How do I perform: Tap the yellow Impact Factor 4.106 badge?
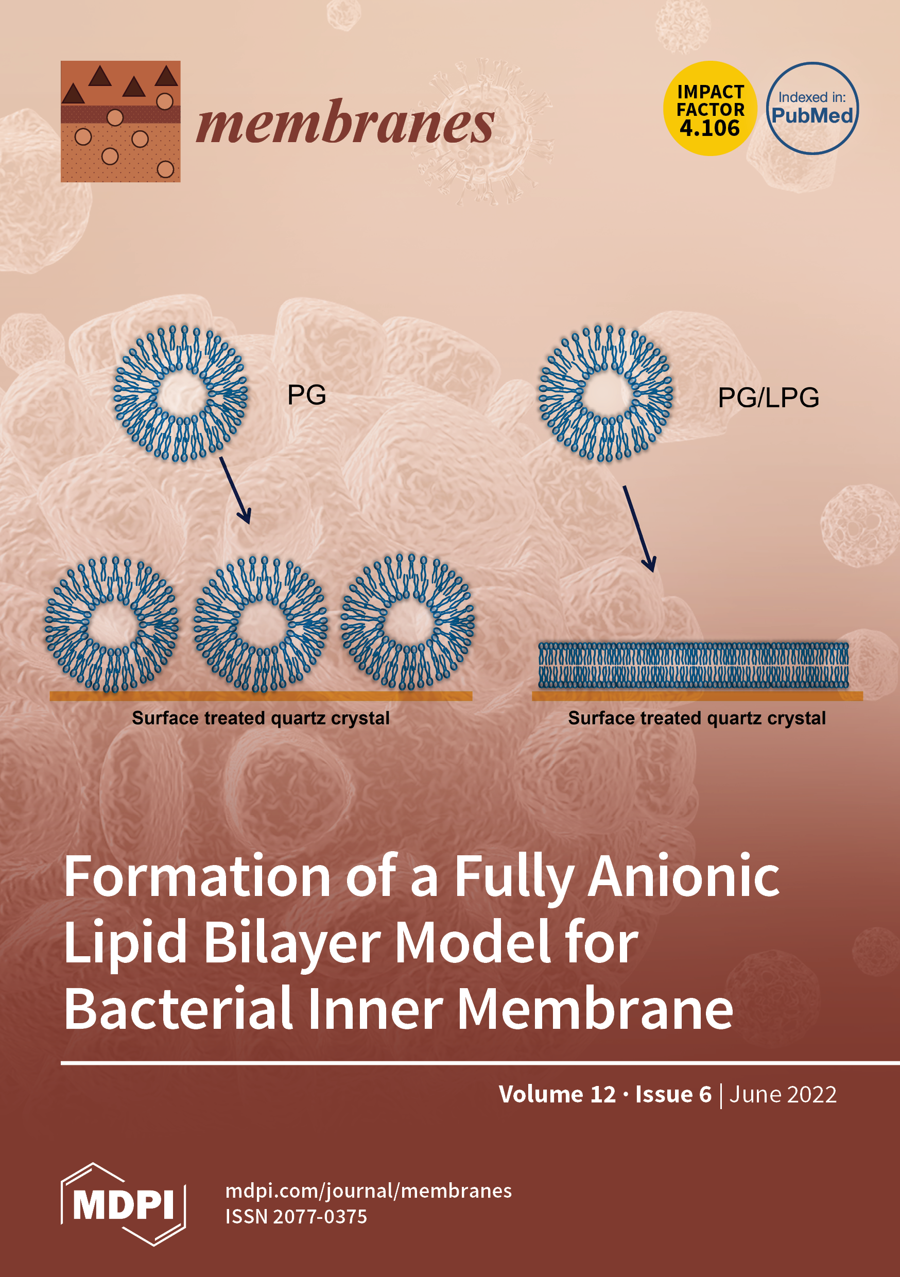point(710,109)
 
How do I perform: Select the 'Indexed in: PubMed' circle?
point(812,109)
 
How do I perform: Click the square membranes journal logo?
point(120,121)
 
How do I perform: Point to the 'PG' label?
point(306,395)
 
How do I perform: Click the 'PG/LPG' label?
point(768,398)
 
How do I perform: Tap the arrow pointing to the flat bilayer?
point(639,528)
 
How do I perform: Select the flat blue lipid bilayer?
point(693,665)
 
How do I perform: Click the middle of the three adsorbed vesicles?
point(261,624)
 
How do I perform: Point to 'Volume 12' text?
point(557,1095)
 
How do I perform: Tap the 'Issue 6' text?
point(673,1095)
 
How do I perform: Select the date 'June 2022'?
point(782,1095)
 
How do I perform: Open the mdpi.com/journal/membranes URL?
point(368,1191)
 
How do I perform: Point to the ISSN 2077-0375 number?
point(296,1217)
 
